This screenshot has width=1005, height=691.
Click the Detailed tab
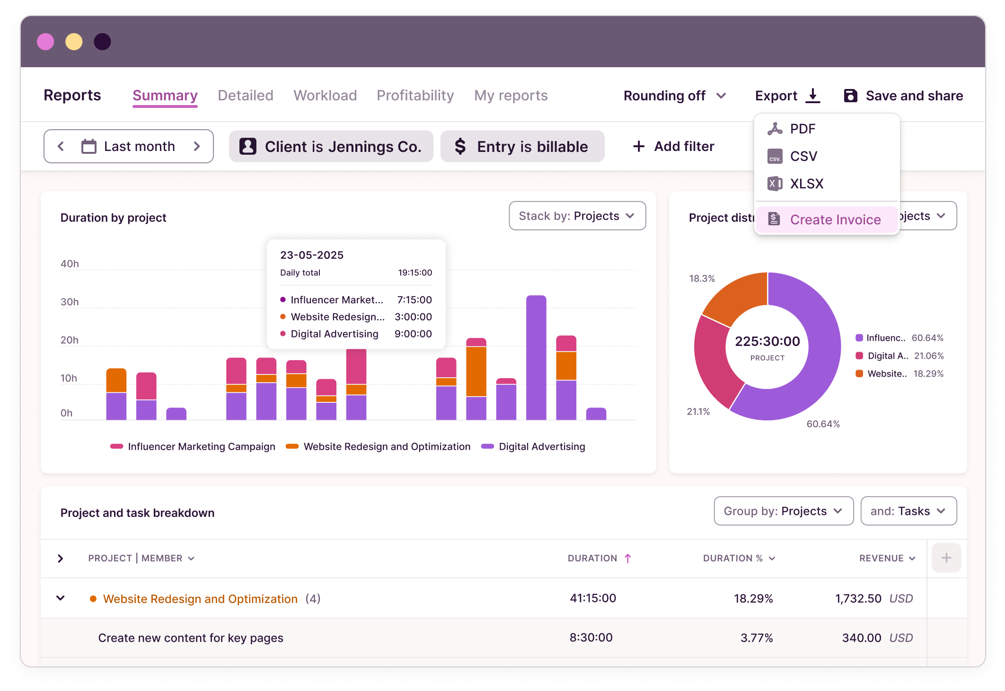click(245, 96)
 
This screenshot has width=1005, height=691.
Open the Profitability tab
click(415, 96)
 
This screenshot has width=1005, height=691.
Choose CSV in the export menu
click(803, 156)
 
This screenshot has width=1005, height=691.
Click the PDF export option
click(802, 129)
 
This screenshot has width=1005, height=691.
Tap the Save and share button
click(903, 96)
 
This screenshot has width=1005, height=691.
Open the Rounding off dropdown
click(674, 96)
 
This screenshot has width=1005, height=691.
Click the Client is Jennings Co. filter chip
click(331, 147)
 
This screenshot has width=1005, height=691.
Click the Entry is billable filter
click(522, 147)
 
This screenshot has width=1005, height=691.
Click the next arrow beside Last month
click(197, 147)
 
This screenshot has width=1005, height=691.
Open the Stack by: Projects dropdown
click(577, 216)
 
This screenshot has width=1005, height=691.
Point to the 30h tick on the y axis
click(70, 302)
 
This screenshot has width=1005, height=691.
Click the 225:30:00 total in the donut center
click(767, 341)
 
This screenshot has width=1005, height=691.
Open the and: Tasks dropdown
click(908, 511)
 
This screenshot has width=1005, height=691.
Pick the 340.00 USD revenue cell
click(876, 638)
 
